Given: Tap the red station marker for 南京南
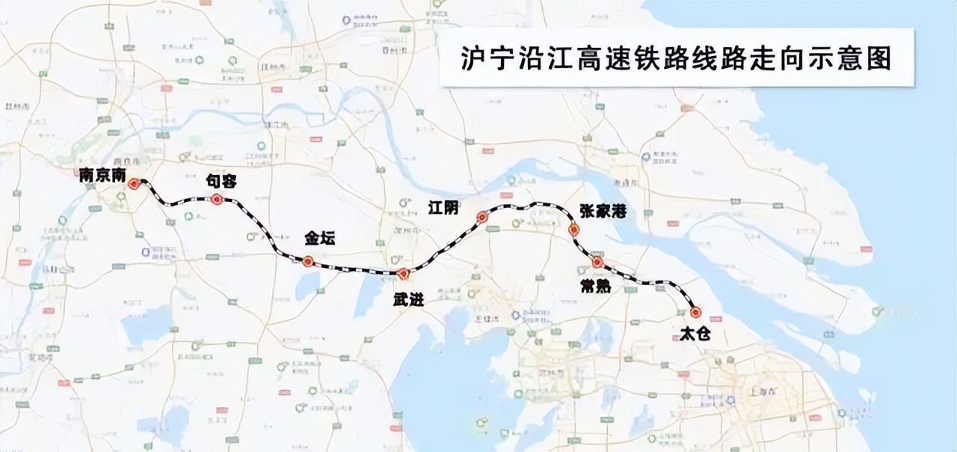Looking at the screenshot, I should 134,183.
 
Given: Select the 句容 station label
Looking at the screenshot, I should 221,182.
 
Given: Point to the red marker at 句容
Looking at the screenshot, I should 216,199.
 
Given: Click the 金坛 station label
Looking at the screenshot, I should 320,239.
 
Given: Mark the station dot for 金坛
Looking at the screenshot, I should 307,261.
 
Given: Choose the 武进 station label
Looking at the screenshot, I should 408,299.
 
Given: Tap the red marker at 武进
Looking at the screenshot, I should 403,273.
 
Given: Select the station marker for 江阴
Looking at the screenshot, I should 482,218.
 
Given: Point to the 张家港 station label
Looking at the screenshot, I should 602,212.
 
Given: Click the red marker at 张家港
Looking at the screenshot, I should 573,230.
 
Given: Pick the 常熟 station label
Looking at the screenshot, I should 594,284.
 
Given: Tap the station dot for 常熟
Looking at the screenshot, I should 597,262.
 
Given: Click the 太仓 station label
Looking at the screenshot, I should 695,335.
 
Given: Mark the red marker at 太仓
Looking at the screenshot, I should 696,312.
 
